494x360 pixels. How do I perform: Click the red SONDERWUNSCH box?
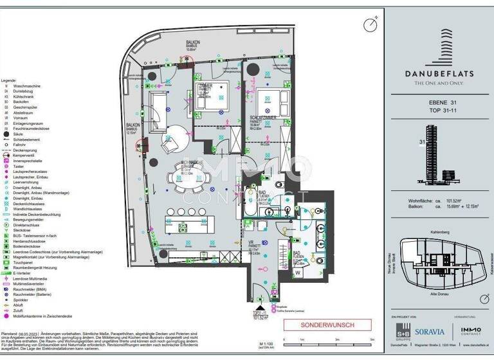(x=327, y=325)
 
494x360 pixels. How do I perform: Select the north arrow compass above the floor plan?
(x=369, y=25)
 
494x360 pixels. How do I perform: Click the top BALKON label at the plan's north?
(x=194, y=41)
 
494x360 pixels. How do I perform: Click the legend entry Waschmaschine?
(x=26, y=85)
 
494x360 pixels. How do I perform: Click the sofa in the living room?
(x=157, y=105)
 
